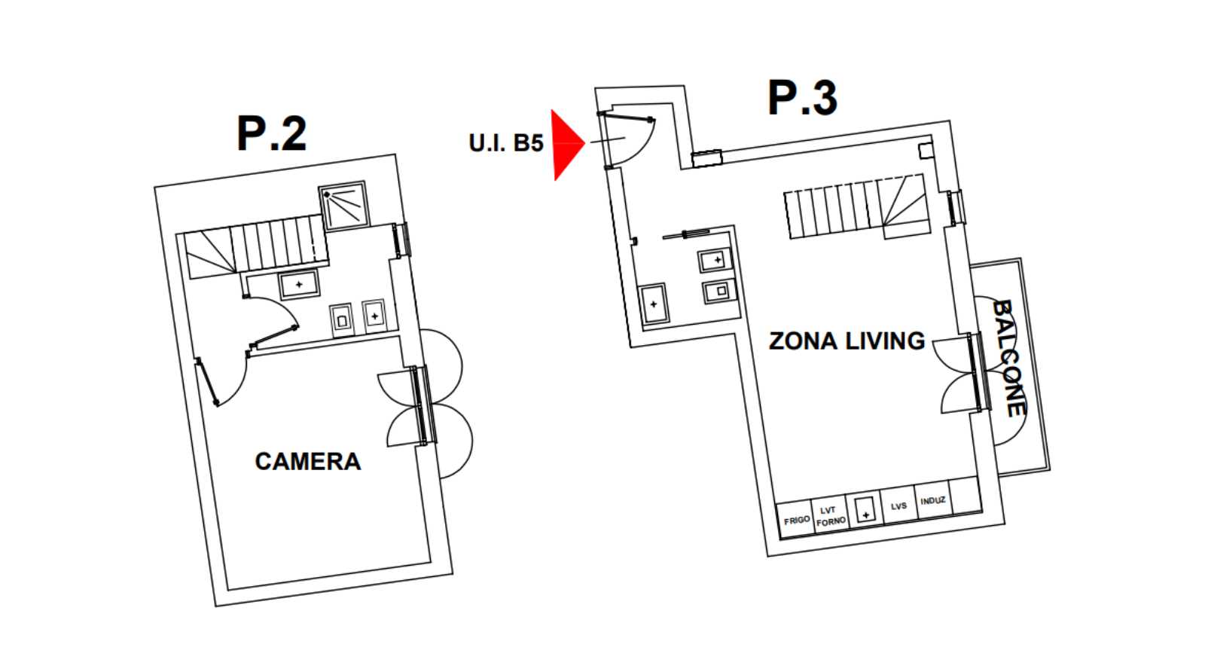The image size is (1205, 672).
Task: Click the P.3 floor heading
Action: (x=803, y=97)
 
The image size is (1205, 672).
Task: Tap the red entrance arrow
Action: (x=567, y=144)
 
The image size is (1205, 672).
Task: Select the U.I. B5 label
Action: (x=505, y=143)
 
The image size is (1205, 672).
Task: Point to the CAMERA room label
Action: (x=308, y=462)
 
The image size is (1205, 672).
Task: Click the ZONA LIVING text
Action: (x=847, y=341)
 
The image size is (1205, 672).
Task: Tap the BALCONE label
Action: (x=1008, y=358)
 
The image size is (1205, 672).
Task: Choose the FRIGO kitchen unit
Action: (x=797, y=519)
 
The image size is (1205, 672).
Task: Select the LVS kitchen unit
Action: (x=898, y=506)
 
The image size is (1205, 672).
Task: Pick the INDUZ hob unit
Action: (x=932, y=500)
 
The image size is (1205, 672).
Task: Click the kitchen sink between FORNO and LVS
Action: (x=865, y=509)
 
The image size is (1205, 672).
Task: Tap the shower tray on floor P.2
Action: (x=343, y=206)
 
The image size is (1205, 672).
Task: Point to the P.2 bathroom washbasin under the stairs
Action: (x=299, y=285)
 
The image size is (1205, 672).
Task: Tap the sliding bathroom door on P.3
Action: (x=685, y=234)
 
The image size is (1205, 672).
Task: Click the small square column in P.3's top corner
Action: (x=926, y=151)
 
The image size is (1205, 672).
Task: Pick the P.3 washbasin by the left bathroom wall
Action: (x=654, y=304)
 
